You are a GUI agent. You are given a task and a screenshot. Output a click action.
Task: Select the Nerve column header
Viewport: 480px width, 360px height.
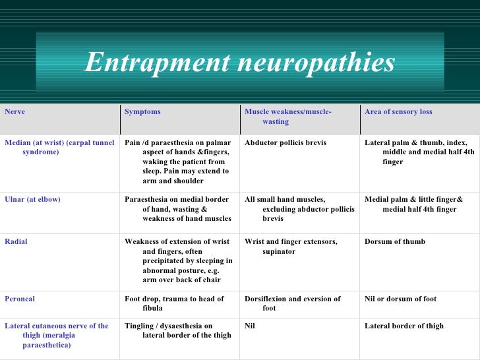click(15, 112)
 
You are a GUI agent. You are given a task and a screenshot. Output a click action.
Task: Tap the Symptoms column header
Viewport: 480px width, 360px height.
click(142, 112)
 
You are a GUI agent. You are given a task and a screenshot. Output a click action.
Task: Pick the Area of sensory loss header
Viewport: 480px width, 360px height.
click(398, 112)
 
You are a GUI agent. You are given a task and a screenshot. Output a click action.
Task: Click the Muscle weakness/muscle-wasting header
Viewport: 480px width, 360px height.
click(287, 117)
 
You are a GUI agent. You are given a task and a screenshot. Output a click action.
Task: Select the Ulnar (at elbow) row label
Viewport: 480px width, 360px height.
click(32, 199)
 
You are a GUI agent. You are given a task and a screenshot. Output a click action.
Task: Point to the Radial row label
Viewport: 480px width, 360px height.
click(16, 242)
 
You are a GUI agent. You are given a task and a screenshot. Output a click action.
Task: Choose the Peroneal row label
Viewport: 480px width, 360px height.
click(20, 299)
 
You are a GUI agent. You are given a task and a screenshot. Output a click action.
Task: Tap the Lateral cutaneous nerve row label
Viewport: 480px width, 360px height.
click(57, 335)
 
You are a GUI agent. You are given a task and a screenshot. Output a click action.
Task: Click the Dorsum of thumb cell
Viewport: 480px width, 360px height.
click(395, 242)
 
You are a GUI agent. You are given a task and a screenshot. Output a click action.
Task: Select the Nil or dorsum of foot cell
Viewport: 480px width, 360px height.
click(400, 299)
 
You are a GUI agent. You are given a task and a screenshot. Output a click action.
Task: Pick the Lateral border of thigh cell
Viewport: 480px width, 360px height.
click(404, 326)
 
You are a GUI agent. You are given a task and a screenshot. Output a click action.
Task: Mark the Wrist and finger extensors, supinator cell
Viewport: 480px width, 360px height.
click(291, 247)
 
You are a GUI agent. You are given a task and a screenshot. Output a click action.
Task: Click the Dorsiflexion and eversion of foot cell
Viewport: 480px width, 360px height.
click(293, 303)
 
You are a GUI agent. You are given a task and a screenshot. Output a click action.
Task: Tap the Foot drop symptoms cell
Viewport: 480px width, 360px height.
click(174, 303)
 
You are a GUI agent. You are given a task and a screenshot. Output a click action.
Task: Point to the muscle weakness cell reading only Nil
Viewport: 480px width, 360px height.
click(250, 326)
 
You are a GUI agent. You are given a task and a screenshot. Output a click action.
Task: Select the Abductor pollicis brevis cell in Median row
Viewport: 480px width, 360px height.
click(285, 142)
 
